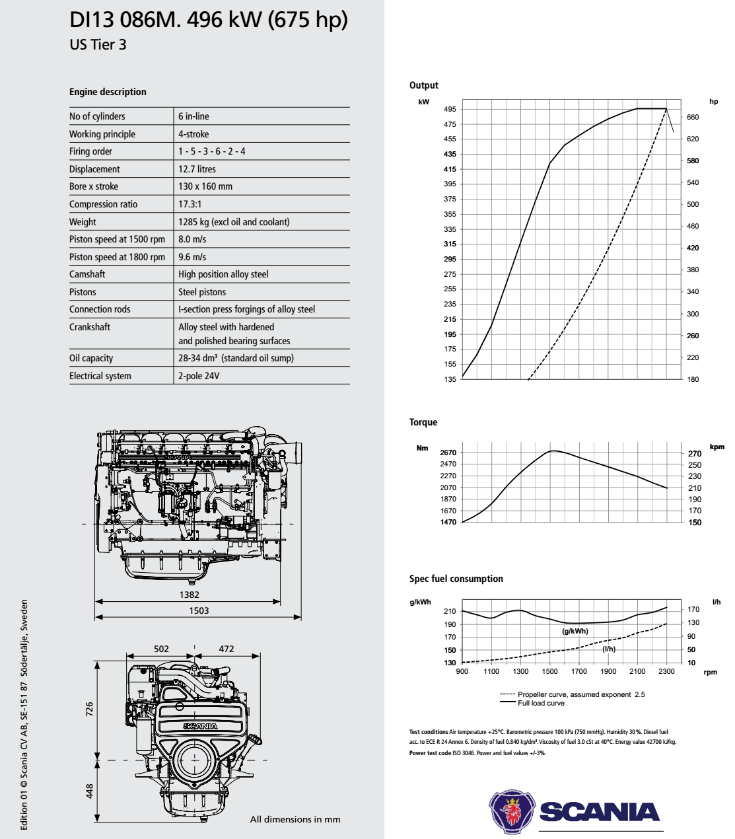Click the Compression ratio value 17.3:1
[190, 204]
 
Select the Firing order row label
[90, 151]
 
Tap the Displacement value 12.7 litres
[197, 169]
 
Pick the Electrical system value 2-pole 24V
[199, 376]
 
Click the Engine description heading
[108, 92]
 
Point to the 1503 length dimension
[199, 610]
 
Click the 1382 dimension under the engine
[189, 595]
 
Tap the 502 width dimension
[161, 649]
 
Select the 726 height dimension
[90, 710]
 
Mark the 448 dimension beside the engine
[90, 791]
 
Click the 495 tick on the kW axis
[450, 109]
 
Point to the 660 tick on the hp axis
[693, 117]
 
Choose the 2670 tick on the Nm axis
[448, 453]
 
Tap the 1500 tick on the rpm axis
[549, 671]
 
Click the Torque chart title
[423, 422]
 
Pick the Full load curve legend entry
[541, 703]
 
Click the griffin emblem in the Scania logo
[511, 811]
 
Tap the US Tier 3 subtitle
[98, 45]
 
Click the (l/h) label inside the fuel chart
[609, 649]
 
